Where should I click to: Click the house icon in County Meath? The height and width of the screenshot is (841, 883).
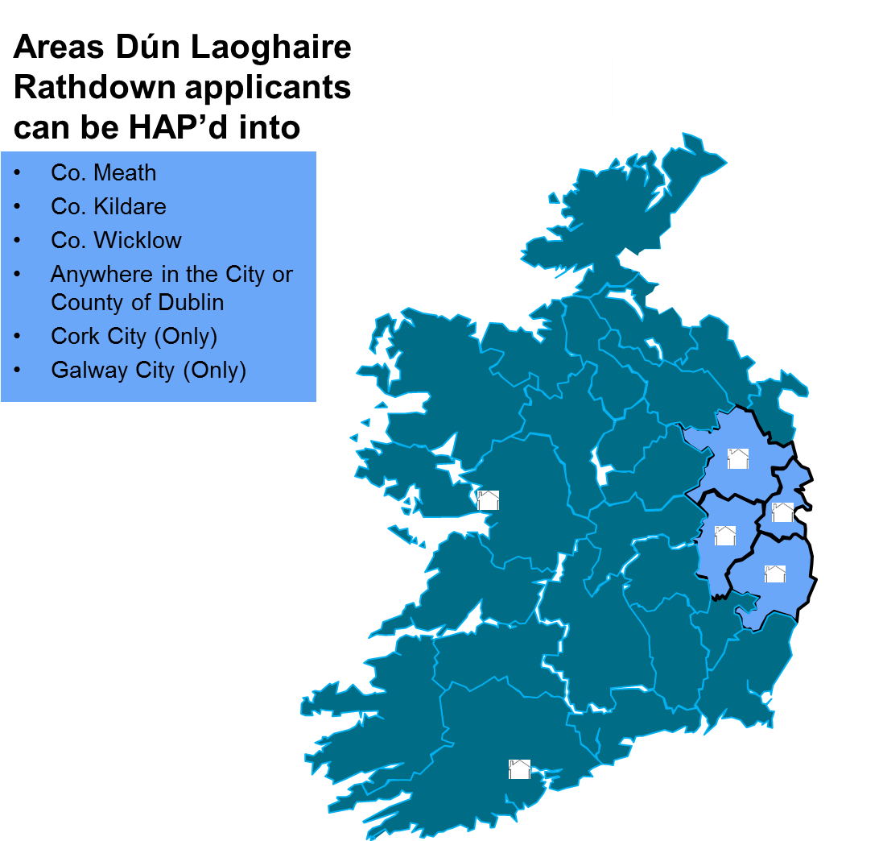click(738, 459)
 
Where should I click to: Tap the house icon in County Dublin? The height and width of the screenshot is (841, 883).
click(782, 512)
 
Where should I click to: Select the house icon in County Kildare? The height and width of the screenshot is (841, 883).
click(724, 536)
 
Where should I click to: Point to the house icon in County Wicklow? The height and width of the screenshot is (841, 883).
click(774, 574)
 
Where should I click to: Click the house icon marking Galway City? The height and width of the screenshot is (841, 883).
click(488, 500)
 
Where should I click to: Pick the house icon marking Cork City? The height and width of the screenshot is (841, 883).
click(519, 769)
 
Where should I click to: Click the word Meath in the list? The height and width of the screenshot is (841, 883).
click(125, 173)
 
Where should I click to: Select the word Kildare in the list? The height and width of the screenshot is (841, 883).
click(130, 207)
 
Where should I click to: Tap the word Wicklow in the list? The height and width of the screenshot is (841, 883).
click(138, 241)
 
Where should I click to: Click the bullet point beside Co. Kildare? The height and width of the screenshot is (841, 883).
click(18, 207)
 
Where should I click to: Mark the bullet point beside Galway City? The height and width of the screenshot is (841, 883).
click(18, 370)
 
